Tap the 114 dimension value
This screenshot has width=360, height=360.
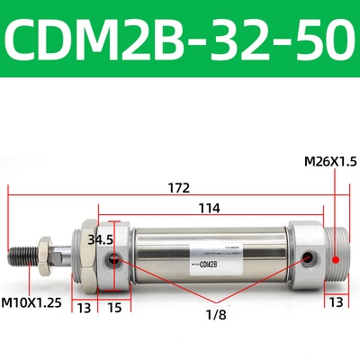coord(209,208)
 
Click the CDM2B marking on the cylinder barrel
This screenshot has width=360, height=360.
coord(209,264)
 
